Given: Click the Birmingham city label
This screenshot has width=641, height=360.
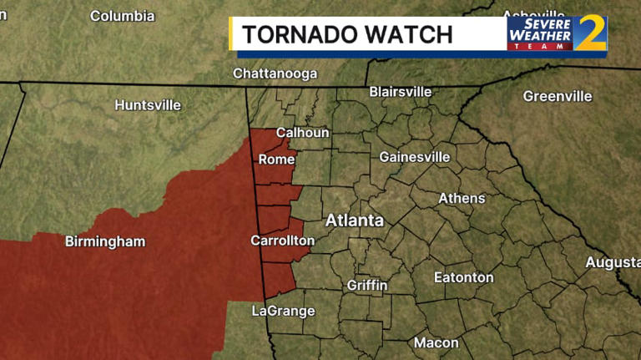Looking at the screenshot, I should pos(105,241).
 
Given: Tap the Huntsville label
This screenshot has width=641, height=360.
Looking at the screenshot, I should pos(148,105).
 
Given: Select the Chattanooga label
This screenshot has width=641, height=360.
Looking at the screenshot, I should pos(275,74).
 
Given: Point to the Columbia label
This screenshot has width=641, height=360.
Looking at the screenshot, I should pos(122,16).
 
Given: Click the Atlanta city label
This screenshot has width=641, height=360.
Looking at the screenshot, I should pos(354,221).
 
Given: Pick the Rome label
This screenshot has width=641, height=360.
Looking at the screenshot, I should pos(276,159).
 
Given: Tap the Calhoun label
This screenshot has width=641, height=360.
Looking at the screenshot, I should pos(302,132).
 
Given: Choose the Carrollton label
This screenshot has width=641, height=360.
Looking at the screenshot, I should pos(282,241).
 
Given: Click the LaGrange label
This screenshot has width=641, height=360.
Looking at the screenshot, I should pos(284,311).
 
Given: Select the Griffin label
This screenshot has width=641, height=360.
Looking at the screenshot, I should pos(367,285).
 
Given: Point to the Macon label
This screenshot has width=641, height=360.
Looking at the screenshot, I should pos(436,342).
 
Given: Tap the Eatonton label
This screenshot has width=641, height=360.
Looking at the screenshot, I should pos(463,277).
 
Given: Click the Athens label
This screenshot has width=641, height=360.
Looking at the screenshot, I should pos(462,198).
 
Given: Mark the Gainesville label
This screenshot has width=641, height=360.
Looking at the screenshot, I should pos(414,156).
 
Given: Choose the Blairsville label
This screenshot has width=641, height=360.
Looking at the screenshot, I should pos(401,91).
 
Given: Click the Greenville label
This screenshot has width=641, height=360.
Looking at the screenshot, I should pos(557,96).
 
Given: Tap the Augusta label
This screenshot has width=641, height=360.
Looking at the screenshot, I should pos(613,262).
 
